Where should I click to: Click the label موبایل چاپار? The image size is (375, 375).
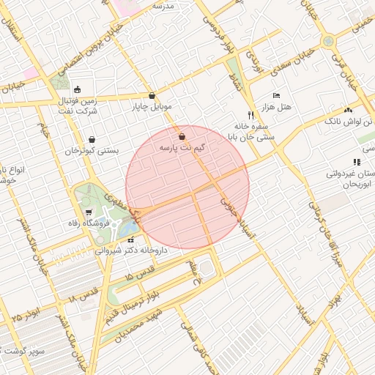151,106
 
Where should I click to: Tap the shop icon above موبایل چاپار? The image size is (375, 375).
152,96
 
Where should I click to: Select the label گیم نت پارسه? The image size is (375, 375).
182,147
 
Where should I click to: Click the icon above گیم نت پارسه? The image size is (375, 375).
182,137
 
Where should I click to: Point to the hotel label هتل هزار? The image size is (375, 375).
279,106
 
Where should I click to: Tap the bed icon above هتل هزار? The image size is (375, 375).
276,96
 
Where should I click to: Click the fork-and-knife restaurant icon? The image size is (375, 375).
250,115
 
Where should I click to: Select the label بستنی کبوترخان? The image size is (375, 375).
92,150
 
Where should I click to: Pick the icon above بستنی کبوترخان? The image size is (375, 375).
92,140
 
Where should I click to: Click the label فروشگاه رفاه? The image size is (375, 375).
83,223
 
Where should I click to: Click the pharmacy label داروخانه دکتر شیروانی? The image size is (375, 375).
131,250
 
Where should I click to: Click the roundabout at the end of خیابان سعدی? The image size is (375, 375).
328,42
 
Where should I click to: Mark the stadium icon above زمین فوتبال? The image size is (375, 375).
78,89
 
